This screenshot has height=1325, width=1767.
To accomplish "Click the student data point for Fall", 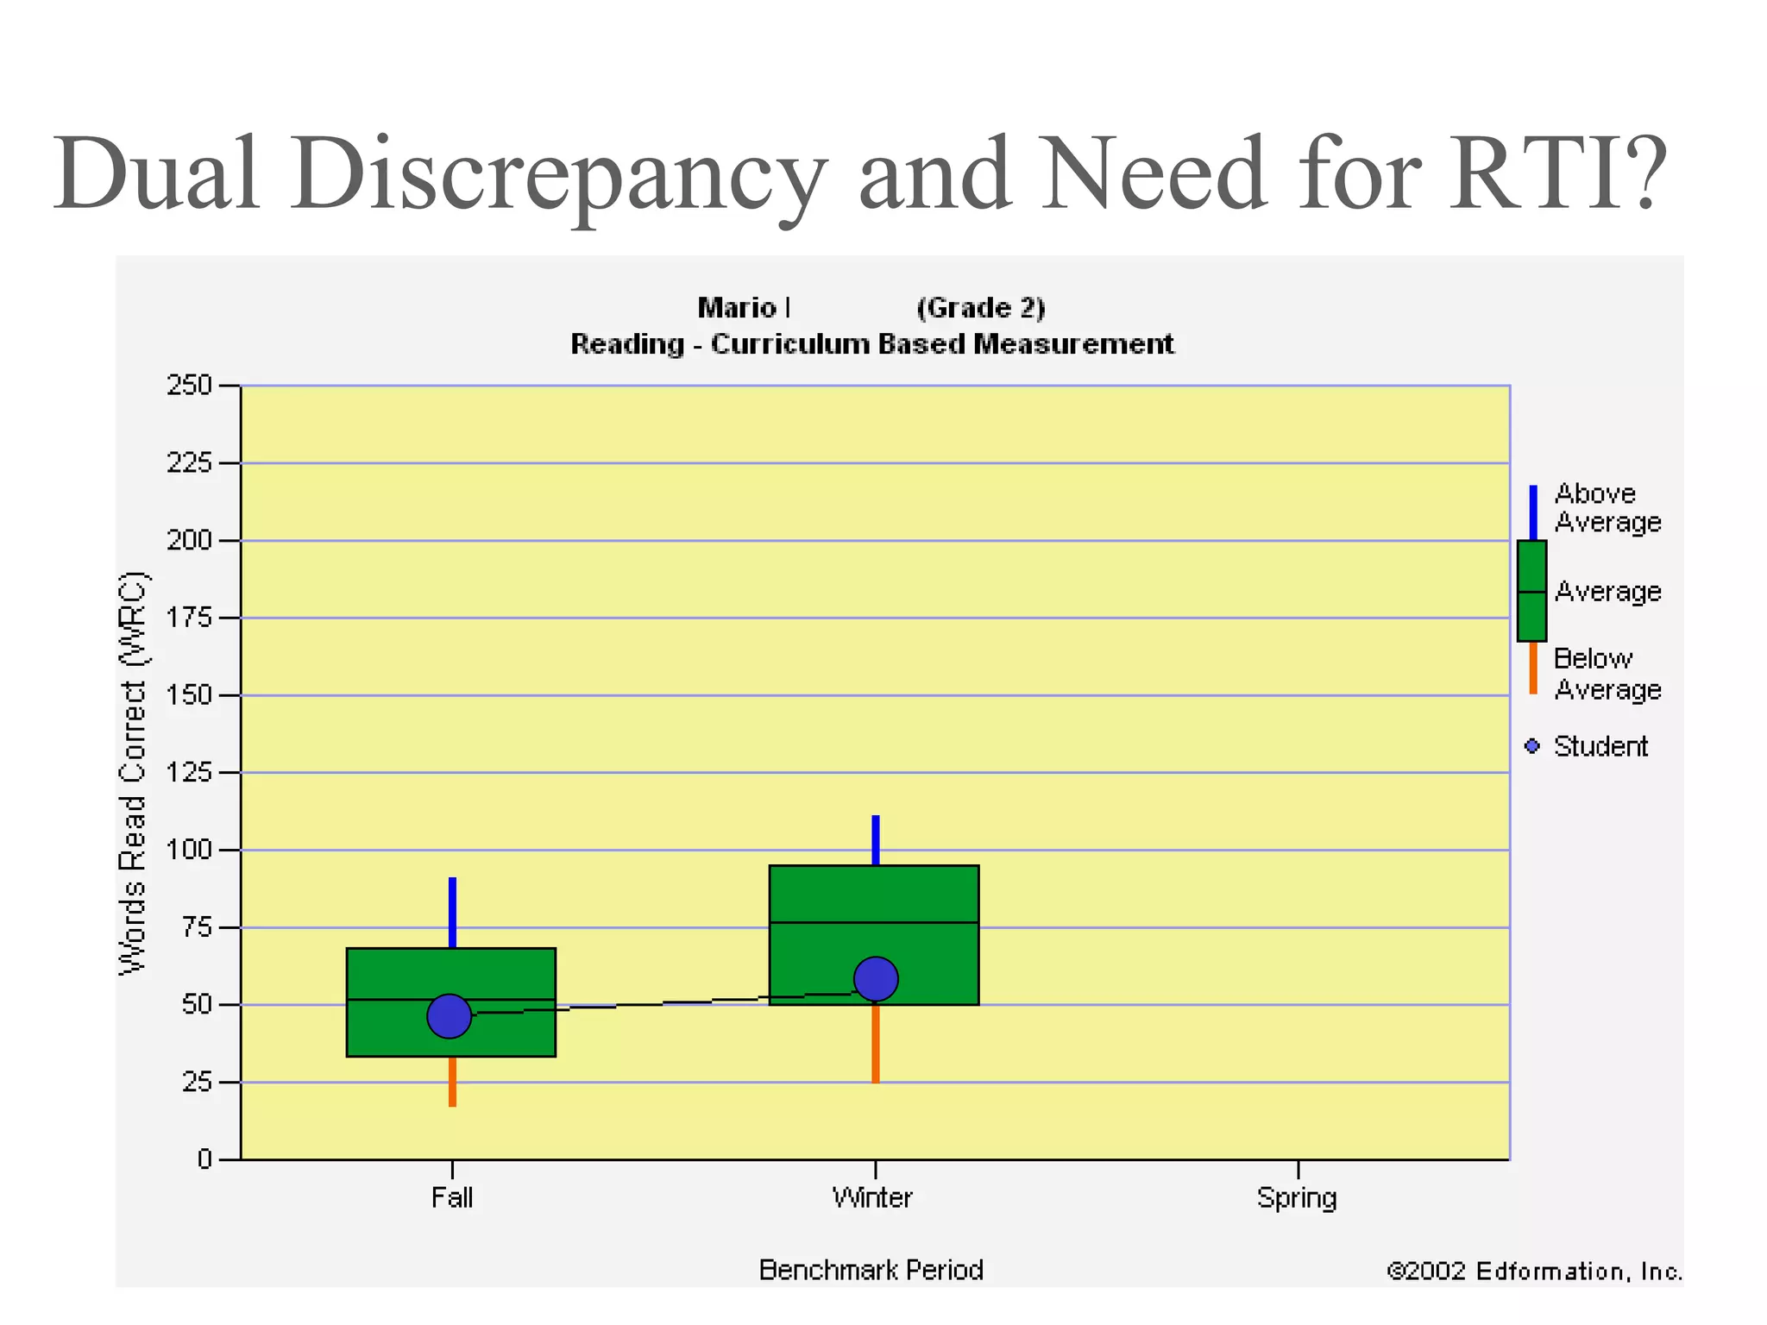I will [x=449, y=1016].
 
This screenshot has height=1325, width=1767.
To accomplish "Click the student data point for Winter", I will [x=876, y=978].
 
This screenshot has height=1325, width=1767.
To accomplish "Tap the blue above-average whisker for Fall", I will [x=452, y=912].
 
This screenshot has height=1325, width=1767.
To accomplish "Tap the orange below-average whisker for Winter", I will [x=875, y=1044].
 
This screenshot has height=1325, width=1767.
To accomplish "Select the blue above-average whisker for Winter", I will [x=875, y=839].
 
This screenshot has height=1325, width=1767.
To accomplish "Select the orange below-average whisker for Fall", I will [x=452, y=1081].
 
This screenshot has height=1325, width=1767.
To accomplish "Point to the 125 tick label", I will [x=189, y=772].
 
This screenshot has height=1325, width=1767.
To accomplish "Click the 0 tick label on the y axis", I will [x=204, y=1159].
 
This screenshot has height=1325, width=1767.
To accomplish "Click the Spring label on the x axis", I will [x=1297, y=1197].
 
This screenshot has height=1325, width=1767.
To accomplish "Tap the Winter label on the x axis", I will [x=872, y=1197].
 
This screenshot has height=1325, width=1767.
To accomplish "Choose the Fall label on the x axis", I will [x=452, y=1197].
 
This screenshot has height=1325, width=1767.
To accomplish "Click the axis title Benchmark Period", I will [x=871, y=1270].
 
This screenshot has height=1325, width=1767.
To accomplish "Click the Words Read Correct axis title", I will [x=133, y=773].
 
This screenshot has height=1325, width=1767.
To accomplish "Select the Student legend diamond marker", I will [x=1532, y=746].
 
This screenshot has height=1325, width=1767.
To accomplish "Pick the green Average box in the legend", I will [x=1531, y=591].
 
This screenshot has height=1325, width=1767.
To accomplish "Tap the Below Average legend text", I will [x=1607, y=674].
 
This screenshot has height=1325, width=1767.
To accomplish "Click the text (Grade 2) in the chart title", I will [x=980, y=308].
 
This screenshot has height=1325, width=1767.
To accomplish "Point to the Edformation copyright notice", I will [x=1534, y=1271].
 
